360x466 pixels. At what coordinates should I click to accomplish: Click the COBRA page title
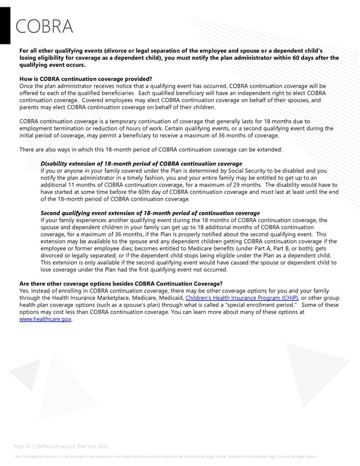tap(44, 27)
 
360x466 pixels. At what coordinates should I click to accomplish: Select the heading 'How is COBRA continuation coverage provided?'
tap(86, 79)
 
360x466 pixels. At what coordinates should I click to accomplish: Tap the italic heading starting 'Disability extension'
tap(141, 163)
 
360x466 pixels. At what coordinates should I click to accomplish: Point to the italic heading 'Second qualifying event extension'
tap(150, 213)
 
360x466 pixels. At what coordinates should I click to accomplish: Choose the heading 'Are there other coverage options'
tap(121, 283)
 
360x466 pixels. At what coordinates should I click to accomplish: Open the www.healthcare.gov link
tap(46, 319)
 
